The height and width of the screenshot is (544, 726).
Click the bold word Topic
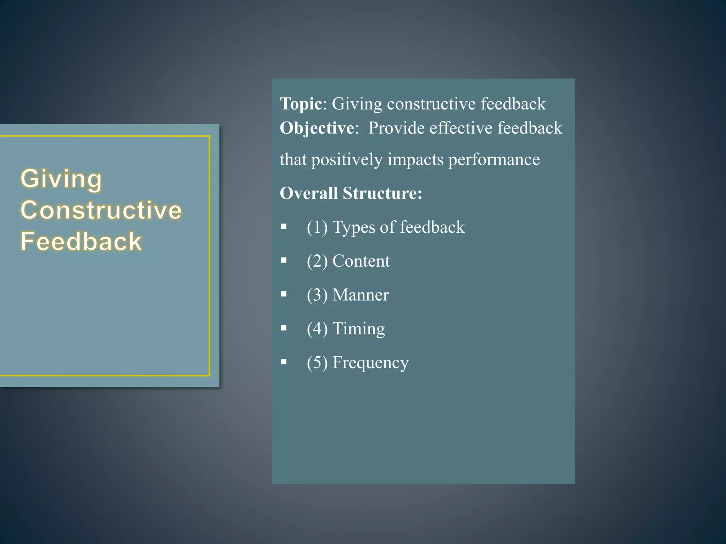coord(301,104)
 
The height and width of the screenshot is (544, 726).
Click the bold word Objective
coord(317,128)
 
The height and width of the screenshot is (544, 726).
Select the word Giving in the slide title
coord(61,178)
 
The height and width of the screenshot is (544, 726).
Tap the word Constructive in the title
coord(101,210)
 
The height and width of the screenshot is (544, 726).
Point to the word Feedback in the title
coord(81,242)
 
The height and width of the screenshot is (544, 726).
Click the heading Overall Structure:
coord(351,193)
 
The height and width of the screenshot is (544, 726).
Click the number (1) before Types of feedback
coord(317,227)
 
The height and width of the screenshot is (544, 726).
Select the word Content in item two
coord(361,261)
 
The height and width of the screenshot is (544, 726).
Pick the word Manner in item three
coord(361,295)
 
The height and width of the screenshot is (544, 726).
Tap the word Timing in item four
coord(358,329)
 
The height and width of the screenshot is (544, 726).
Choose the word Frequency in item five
coord(370,363)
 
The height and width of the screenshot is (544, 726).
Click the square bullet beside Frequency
coord(284,362)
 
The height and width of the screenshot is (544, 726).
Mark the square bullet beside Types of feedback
coord(284,226)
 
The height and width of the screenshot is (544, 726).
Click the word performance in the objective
coord(494,160)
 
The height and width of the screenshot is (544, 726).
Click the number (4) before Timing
coord(317,329)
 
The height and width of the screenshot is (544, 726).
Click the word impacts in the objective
coord(415,160)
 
